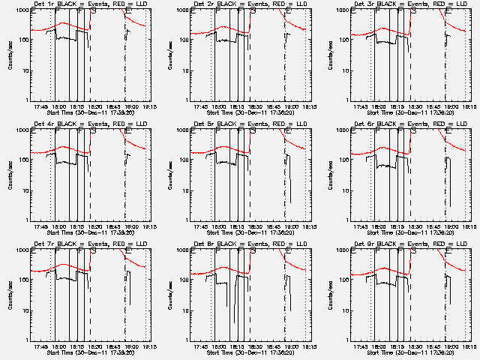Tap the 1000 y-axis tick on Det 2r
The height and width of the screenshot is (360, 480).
[x=183, y=11]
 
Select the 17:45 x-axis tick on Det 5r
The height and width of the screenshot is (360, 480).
[x=201, y=226]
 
